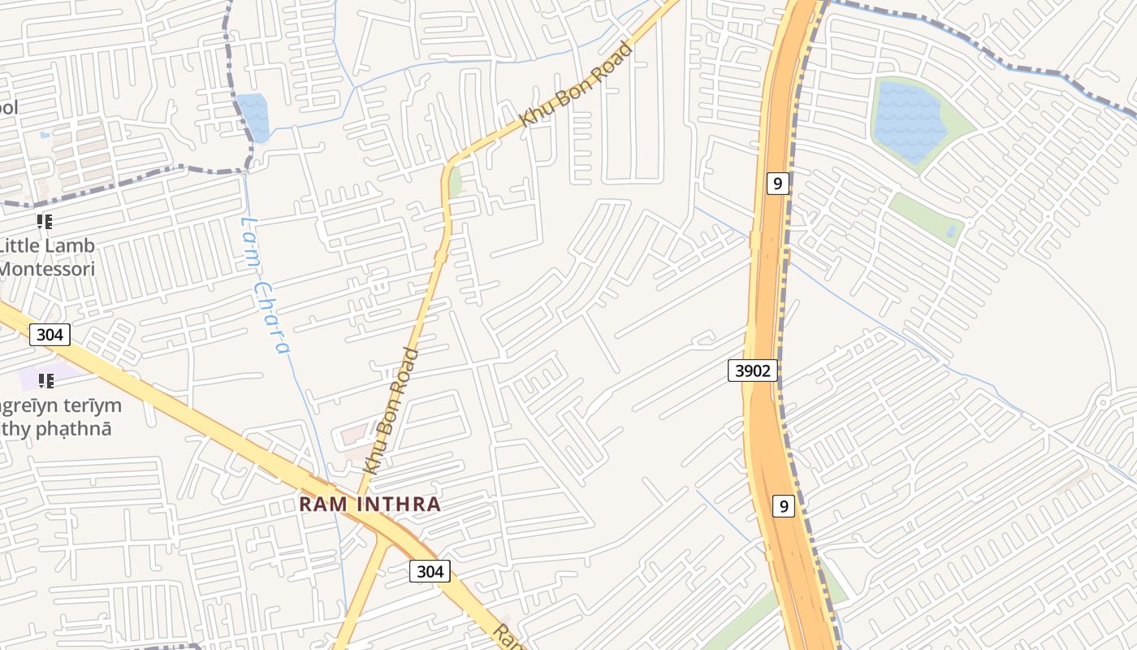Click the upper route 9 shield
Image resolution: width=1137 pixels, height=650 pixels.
(777, 183)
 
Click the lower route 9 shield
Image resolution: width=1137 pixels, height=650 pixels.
(782, 506)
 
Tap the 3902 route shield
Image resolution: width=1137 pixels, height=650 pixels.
(753, 371)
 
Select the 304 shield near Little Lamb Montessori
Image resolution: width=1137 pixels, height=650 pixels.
(50, 334)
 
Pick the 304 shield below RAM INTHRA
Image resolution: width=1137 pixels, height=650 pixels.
(430, 571)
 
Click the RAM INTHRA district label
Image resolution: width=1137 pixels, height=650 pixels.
(370, 504)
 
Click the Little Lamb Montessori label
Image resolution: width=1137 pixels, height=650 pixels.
(46, 257)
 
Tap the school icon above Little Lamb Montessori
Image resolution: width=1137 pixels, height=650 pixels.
(45, 221)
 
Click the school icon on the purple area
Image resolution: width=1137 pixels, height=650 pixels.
(46, 379)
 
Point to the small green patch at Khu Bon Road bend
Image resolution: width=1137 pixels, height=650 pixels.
(456, 181)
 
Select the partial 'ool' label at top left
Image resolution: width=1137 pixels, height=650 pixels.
(8, 107)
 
